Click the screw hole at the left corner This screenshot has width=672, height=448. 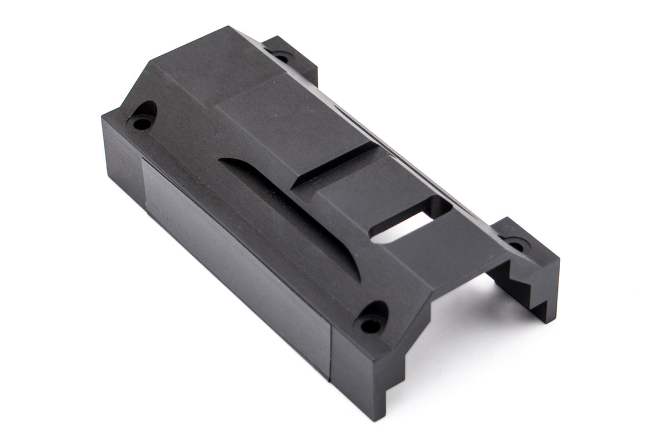click(140, 123)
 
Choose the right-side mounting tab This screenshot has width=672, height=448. click(524, 243)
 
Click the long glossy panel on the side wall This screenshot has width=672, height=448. click(232, 255)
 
